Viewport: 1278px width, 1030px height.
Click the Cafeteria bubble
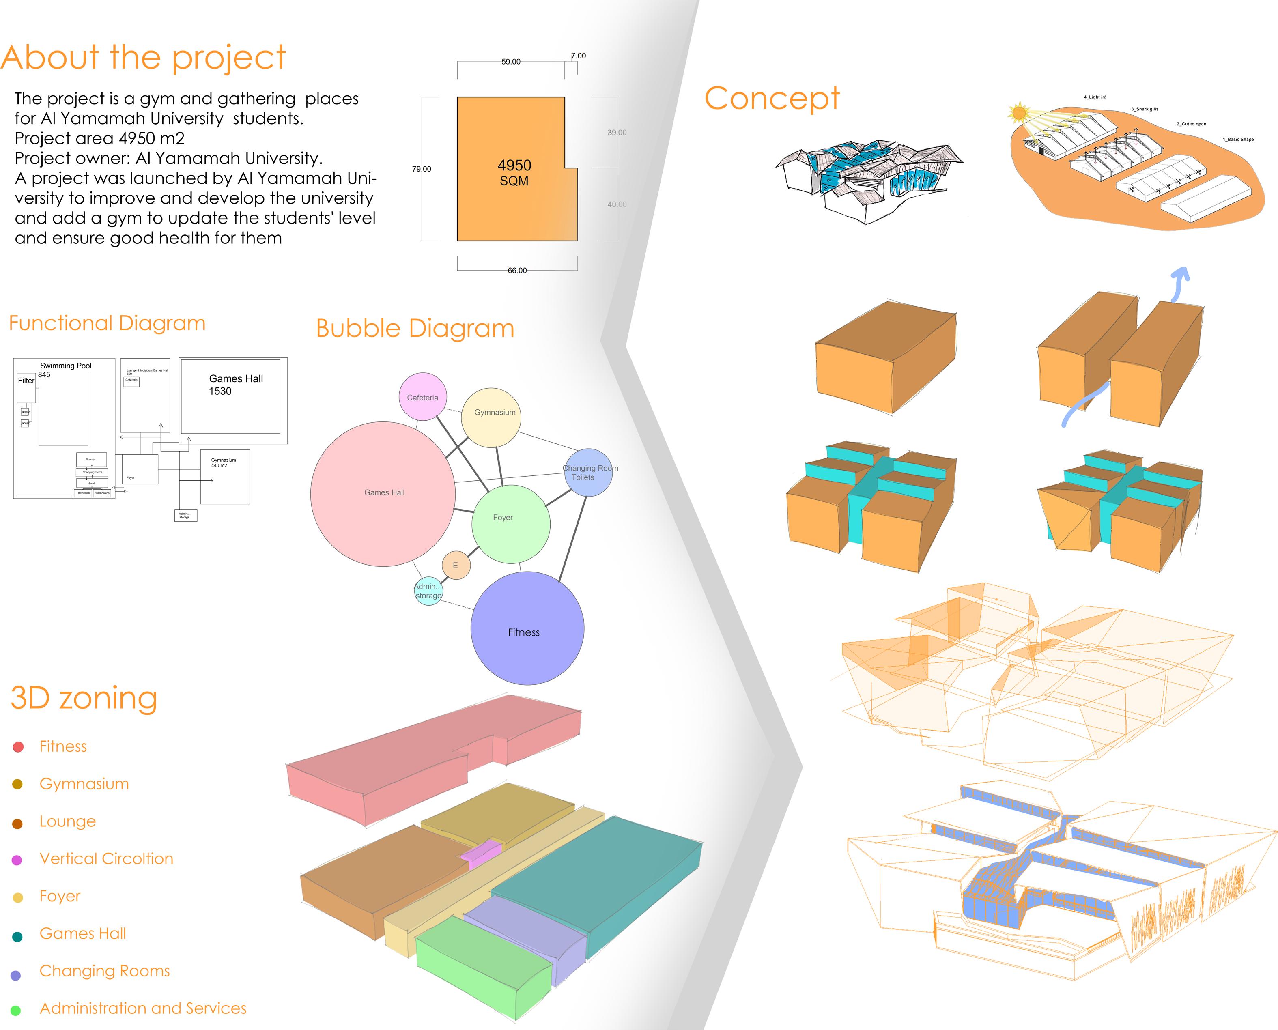pos(422,397)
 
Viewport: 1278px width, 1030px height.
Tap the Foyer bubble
pos(510,524)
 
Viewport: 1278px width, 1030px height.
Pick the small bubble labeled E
pos(456,565)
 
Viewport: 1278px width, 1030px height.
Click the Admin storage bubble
pos(428,591)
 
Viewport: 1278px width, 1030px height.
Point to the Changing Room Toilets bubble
pos(588,473)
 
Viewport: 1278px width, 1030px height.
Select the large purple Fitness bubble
pos(527,628)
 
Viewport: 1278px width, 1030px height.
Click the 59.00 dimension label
pos(511,62)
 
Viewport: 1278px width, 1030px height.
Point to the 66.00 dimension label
pos(517,271)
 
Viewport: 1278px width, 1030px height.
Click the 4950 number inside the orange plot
pos(514,166)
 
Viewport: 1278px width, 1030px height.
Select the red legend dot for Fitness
pos(18,747)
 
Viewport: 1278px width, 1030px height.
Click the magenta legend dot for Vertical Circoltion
pos(17,860)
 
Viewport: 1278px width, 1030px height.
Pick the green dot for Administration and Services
pos(16,1010)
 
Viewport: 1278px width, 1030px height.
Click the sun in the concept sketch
pos(1019,112)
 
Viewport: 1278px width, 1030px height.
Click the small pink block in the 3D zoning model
pos(481,853)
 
